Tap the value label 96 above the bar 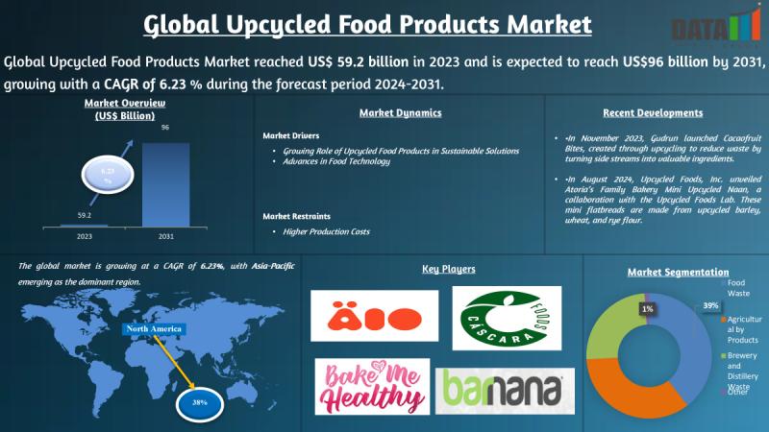(x=165, y=127)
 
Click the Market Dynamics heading (x=400, y=112)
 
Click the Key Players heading (x=449, y=270)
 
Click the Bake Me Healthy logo (x=371, y=385)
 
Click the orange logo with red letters (x=374, y=317)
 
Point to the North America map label (x=154, y=329)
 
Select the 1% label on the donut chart (x=647, y=309)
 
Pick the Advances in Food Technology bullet (x=335, y=161)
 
